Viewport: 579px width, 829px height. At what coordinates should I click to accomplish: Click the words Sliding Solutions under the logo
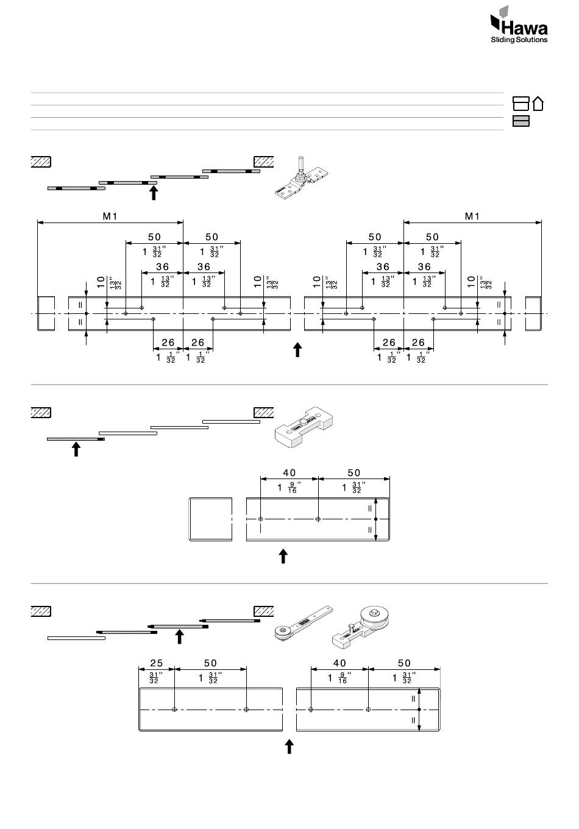(x=519, y=40)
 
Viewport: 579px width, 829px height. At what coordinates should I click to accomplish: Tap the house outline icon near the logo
(x=538, y=103)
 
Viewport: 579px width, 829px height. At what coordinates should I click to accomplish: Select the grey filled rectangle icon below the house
(x=520, y=121)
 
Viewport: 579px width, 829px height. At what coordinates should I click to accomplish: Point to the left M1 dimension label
(x=110, y=216)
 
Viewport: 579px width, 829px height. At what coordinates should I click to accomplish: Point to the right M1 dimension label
(x=472, y=216)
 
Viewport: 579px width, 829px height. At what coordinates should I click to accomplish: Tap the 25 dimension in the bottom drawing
(x=156, y=663)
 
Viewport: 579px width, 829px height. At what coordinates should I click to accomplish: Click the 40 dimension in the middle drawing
(x=289, y=473)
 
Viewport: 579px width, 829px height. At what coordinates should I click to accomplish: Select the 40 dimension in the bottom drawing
(x=339, y=663)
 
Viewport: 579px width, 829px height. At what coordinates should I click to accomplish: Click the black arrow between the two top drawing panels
(x=297, y=349)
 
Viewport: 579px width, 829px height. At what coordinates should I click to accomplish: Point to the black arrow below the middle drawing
(x=283, y=556)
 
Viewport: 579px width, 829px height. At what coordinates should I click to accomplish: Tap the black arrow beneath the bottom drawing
(x=289, y=747)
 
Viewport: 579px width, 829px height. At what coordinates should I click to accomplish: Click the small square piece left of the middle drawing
(x=211, y=519)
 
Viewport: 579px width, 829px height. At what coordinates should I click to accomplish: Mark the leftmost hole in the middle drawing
(x=261, y=519)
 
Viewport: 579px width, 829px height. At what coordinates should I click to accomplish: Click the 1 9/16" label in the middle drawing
(x=287, y=488)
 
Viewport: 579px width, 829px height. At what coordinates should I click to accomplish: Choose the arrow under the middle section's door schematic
(x=76, y=449)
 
